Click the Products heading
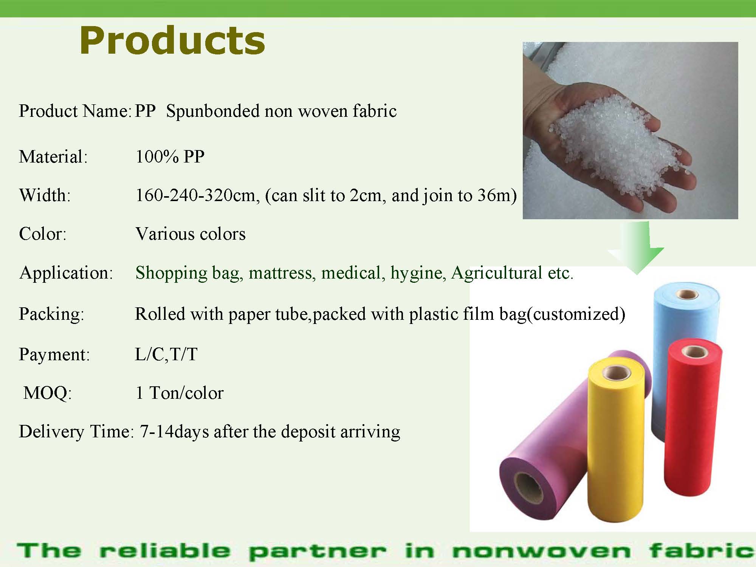click(172, 41)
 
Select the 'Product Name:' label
click(75, 111)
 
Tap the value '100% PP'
click(170, 156)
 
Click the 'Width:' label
click(45, 195)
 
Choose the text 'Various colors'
click(191, 234)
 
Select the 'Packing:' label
click(51, 314)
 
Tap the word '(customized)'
click(576, 314)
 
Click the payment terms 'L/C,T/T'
click(166, 354)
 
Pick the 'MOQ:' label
click(47, 393)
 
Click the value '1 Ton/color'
click(180, 393)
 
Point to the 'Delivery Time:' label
click(76, 432)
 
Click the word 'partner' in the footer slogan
click(318, 552)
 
